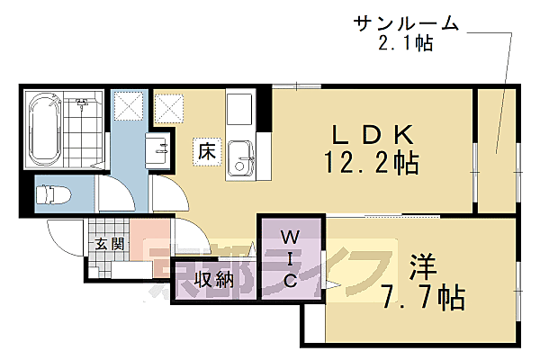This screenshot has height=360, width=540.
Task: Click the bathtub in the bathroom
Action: pos(42,130)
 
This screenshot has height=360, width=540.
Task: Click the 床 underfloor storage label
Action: pos(204,152)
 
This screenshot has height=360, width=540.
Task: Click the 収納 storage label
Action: pos(213,280)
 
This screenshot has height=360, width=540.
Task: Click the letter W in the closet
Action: pos(290,237)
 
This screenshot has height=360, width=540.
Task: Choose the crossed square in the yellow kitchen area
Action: pos(168,108)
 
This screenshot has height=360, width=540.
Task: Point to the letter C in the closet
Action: pos(290,282)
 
